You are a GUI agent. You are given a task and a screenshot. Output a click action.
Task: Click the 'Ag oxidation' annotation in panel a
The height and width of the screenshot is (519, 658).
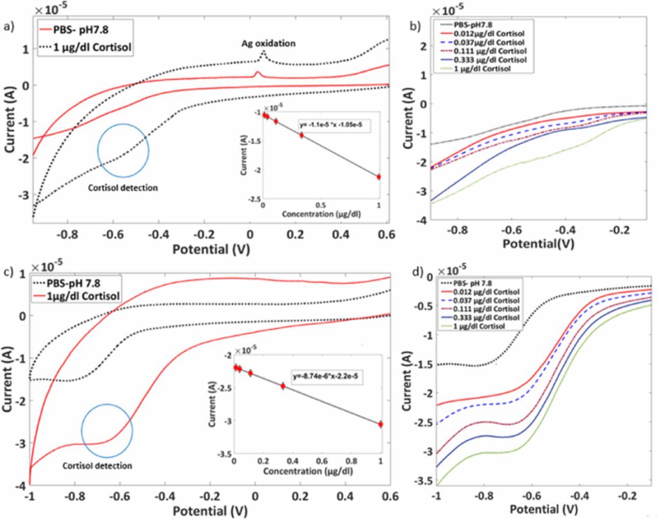tap(268, 43)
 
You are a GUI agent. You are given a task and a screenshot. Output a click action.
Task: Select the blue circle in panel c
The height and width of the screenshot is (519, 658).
tap(107, 431)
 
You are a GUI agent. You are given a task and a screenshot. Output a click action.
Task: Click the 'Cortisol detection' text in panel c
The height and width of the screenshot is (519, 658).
tap(97, 466)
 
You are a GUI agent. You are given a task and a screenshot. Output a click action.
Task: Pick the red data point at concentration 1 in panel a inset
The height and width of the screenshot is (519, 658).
tap(378, 176)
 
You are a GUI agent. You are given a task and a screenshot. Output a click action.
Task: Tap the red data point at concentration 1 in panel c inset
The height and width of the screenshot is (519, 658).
tap(380, 424)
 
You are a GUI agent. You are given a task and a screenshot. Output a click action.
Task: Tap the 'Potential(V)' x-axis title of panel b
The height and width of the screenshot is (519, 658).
tap(538, 243)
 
